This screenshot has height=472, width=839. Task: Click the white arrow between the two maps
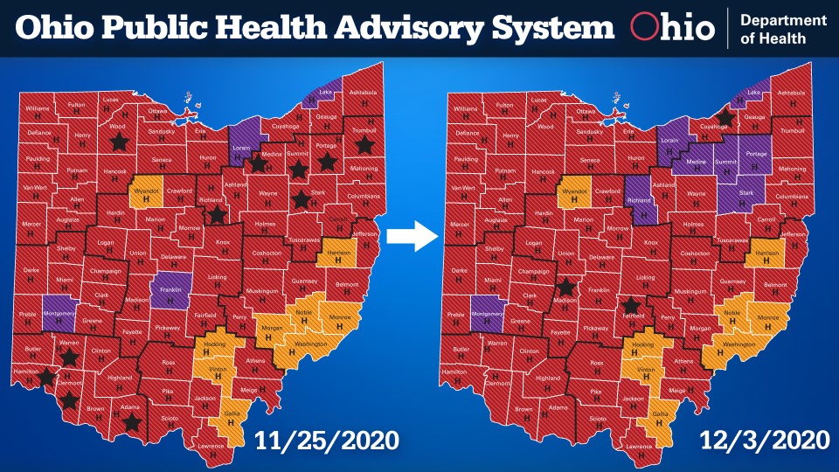click(412, 235)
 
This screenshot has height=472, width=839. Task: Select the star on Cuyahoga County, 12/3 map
click(725, 117)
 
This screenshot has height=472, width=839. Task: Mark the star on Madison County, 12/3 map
click(566, 287)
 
